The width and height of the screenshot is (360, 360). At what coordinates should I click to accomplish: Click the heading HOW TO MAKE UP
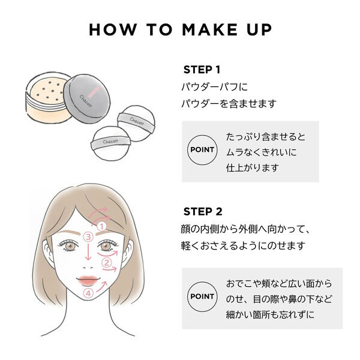pos(180,30)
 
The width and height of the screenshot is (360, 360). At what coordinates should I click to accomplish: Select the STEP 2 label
pos(202,211)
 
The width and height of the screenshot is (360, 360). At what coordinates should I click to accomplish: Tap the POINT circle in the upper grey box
pos(202,151)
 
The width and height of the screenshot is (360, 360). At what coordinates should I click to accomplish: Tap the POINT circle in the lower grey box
pos(202,296)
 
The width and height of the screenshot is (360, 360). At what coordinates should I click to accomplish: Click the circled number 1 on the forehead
pos(101,226)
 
